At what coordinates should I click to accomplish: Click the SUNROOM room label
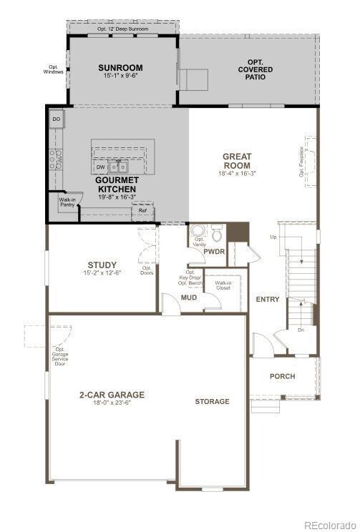click(x=120, y=69)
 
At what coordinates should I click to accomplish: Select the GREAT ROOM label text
click(x=237, y=160)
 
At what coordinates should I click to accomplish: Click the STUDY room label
click(x=102, y=264)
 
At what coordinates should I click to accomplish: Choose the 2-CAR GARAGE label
click(x=112, y=394)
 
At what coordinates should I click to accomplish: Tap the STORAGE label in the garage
click(x=213, y=401)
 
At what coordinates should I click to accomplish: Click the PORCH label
click(x=282, y=376)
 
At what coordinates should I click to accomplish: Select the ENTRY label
click(x=268, y=299)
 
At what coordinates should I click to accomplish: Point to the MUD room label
click(x=189, y=297)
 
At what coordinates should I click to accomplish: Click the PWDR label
click(x=214, y=252)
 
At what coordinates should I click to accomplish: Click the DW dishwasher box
click(x=101, y=167)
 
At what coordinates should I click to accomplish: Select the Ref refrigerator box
click(x=142, y=210)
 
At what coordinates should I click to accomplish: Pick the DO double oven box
click(x=57, y=118)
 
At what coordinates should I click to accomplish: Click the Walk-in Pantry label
click(x=67, y=202)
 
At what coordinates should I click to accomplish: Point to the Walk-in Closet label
click(x=223, y=285)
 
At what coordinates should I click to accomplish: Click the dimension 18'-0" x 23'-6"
click(x=112, y=403)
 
